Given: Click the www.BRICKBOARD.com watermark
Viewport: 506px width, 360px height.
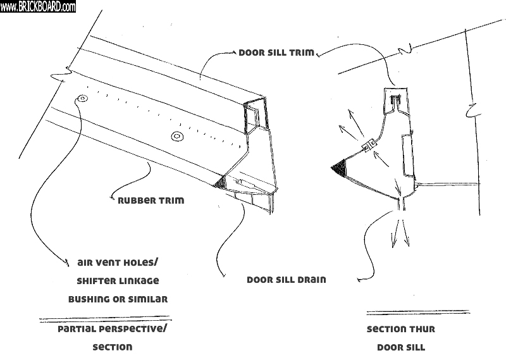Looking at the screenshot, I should [38, 6].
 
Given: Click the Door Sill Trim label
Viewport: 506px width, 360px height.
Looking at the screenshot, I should [276, 53].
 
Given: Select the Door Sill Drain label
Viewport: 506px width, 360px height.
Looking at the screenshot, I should [286, 279].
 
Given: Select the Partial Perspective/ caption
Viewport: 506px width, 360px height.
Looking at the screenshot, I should [113, 330].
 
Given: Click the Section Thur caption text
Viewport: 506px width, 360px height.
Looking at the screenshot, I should [400, 330].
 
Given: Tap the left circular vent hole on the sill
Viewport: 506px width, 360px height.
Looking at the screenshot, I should [82, 99].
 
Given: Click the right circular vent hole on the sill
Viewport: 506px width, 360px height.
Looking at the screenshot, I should [176, 136].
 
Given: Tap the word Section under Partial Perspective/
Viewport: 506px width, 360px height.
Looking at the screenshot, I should [113, 347].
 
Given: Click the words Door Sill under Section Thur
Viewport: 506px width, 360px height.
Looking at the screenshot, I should [400, 347].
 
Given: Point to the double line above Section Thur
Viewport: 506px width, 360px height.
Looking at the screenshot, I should [417, 313].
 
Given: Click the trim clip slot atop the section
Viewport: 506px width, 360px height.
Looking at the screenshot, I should [395, 99].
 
